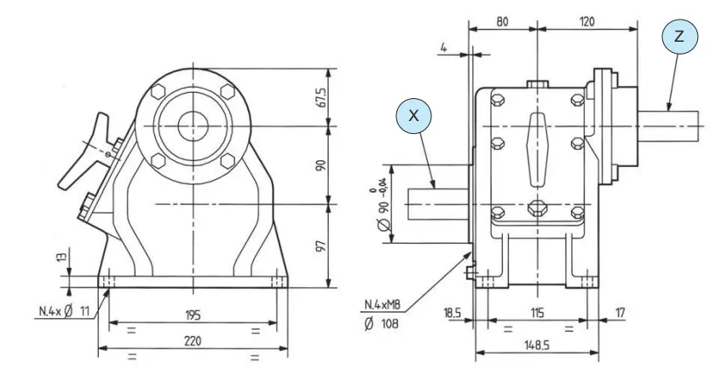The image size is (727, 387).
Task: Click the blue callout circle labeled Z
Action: point(678,37)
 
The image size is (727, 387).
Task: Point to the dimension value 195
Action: point(193,315)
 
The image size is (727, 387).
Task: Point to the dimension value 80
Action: point(503,20)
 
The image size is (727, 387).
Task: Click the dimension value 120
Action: point(587,20)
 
